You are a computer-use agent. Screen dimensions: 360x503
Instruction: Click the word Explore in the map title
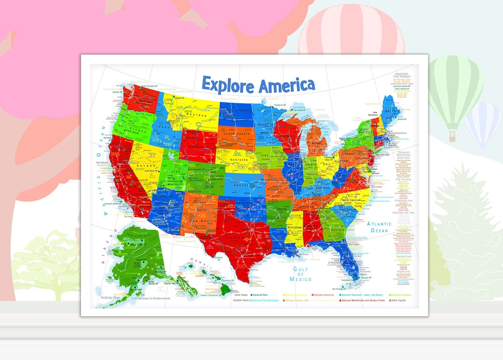[228, 86]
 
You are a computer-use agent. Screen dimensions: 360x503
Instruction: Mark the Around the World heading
[401, 76]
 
